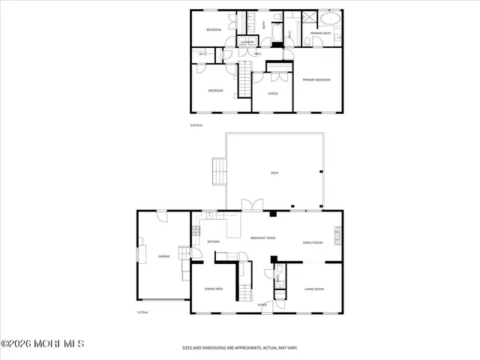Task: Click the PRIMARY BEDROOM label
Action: pos(316,79)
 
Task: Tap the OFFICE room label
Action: pos(274,94)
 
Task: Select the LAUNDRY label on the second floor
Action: pos(247,42)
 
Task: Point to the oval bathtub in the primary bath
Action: pos(330,19)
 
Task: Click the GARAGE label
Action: pos(163,256)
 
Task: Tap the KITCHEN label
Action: pos(213,241)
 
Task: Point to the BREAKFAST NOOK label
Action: pos(262,238)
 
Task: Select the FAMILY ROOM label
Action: pos(313,242)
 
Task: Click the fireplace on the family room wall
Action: pos(338,236)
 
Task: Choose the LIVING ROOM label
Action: pos(313,289)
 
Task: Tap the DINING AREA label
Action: pos(214,289)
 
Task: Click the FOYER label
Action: pos(262,305)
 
